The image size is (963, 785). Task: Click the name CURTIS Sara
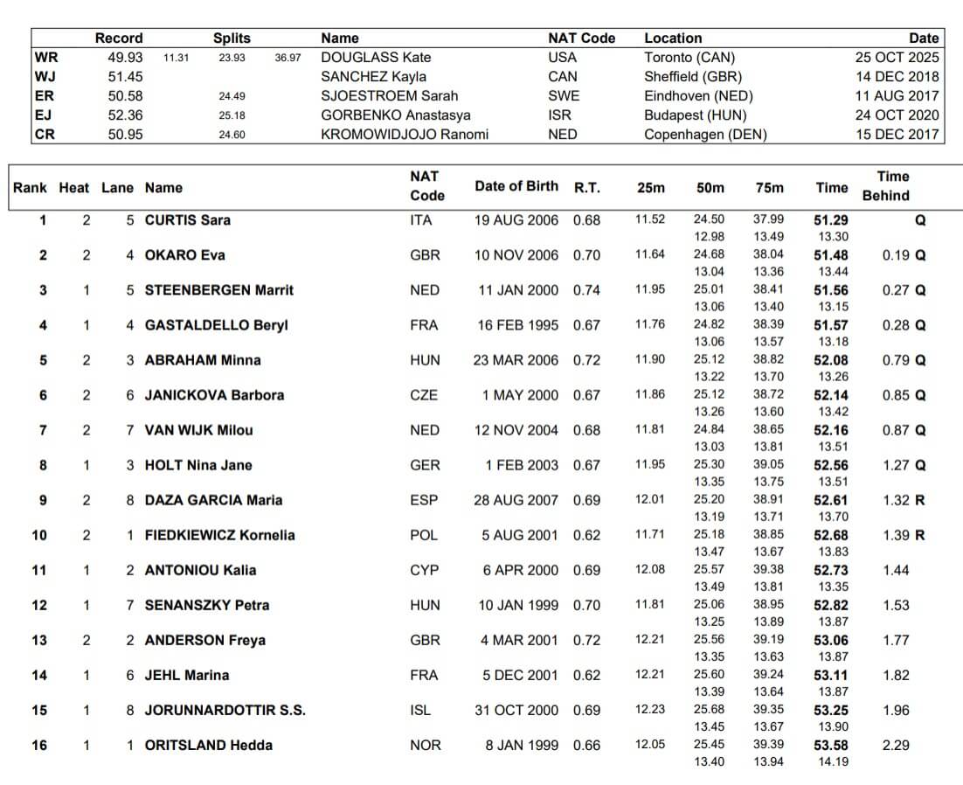(x=187, y=220)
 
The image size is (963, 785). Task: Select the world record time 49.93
(x=125, y=58)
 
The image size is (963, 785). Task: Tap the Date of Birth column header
(x=516, y=186)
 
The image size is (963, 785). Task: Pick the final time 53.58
(x=831, y=745)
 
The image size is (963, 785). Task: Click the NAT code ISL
(x=420, y=710)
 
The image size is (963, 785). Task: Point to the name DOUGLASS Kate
(x=376, y=58)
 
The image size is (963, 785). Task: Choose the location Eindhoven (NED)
(x=698, y=96)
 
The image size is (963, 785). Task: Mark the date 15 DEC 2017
(x=897, y=135)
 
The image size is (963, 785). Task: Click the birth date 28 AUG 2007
(x=516, y=500)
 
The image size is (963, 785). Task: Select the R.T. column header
(x=586, y=187)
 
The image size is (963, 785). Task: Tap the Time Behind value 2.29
(x=896, y=745)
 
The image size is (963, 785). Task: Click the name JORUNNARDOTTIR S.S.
(x=225, y=710)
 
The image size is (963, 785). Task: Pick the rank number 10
(x=39, y=535)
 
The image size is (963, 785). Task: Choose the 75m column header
(x=769, y=187)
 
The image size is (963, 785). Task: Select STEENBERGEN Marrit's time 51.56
(x=831, y=290)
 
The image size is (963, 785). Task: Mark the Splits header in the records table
(x=232, y=38)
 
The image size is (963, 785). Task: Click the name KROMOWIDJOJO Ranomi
(x=405, y=135)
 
